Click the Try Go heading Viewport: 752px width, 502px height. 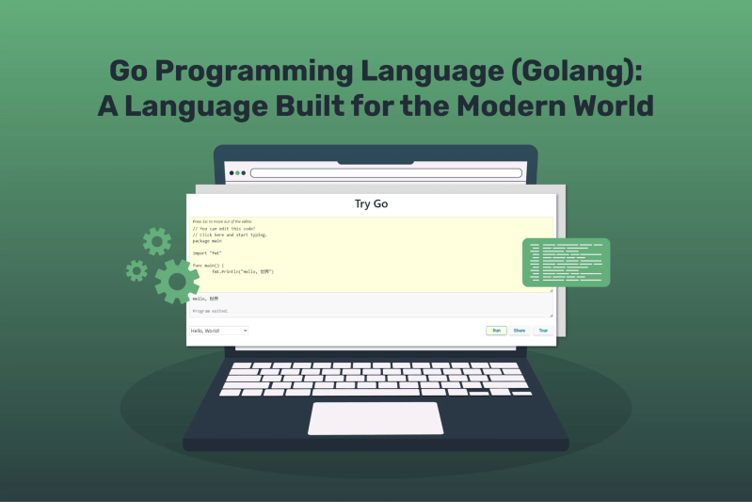point(371,203)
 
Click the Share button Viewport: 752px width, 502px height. point(520,331)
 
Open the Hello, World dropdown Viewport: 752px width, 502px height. point(218,331)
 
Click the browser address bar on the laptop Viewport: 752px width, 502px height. point(386,173)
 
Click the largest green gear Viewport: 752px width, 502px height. point(176,280)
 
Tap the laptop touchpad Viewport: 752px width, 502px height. point(376,418)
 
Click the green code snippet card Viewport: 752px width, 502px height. point(566,263)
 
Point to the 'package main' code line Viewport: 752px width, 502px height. point(208,241)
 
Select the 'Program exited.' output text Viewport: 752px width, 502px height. point(211,310)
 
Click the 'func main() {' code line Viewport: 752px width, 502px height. point(210,266)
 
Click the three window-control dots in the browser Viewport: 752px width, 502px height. point(237,173)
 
